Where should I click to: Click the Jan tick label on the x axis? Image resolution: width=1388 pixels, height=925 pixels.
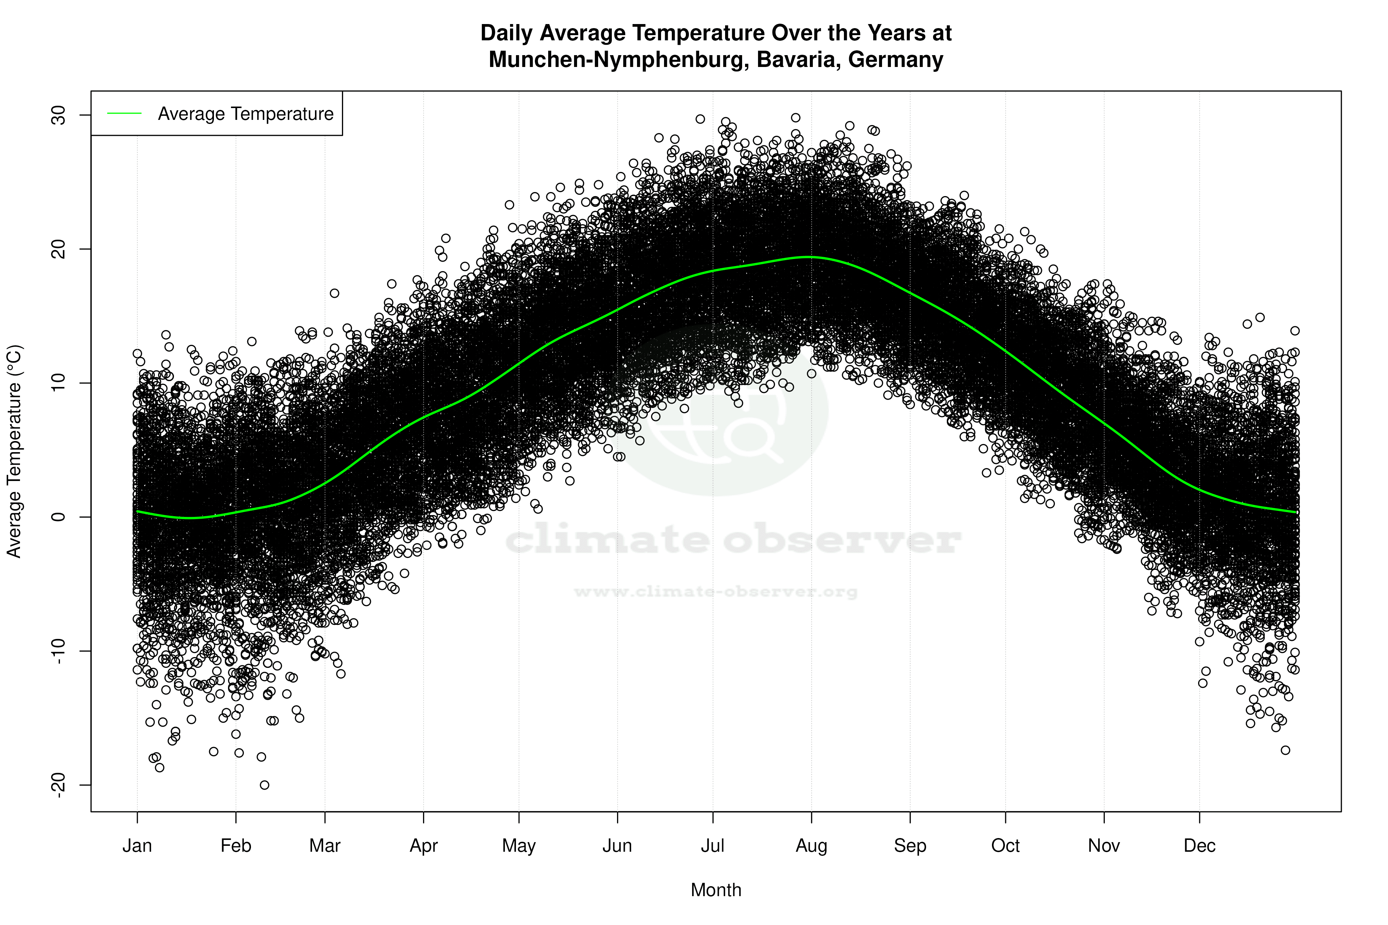pyautogui.click(x=137, y=846)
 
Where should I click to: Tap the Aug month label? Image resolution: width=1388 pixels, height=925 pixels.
pyautogui.click(x=811, y=846)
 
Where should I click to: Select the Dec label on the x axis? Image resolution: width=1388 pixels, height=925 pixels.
pyautogui.click(x=1199, y=846)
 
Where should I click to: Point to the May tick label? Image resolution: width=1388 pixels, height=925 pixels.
pyautogui.click(x=519, y=846)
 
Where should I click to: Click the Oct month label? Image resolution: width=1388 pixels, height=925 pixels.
pyautogui.click(x=1005, y=846)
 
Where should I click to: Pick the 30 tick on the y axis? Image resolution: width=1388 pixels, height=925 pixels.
pyautogui.click(x=59, y=115)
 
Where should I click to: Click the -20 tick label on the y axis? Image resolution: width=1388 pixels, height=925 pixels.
pyautogui.click(x=59, y=785)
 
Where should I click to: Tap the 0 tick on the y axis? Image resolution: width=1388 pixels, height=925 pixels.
pyautogui.click(x=59, y=517)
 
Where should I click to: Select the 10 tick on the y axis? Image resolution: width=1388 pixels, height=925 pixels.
pyautogui.click(x=59, y=383)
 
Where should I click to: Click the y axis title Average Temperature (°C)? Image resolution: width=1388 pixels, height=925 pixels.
pyautogui.click(x=14, y=451)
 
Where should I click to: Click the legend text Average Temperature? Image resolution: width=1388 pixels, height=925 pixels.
pyautogui.click(x=245, y=114)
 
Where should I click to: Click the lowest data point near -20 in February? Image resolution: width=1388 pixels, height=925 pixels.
pyautogui.click(x=264, y=785)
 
